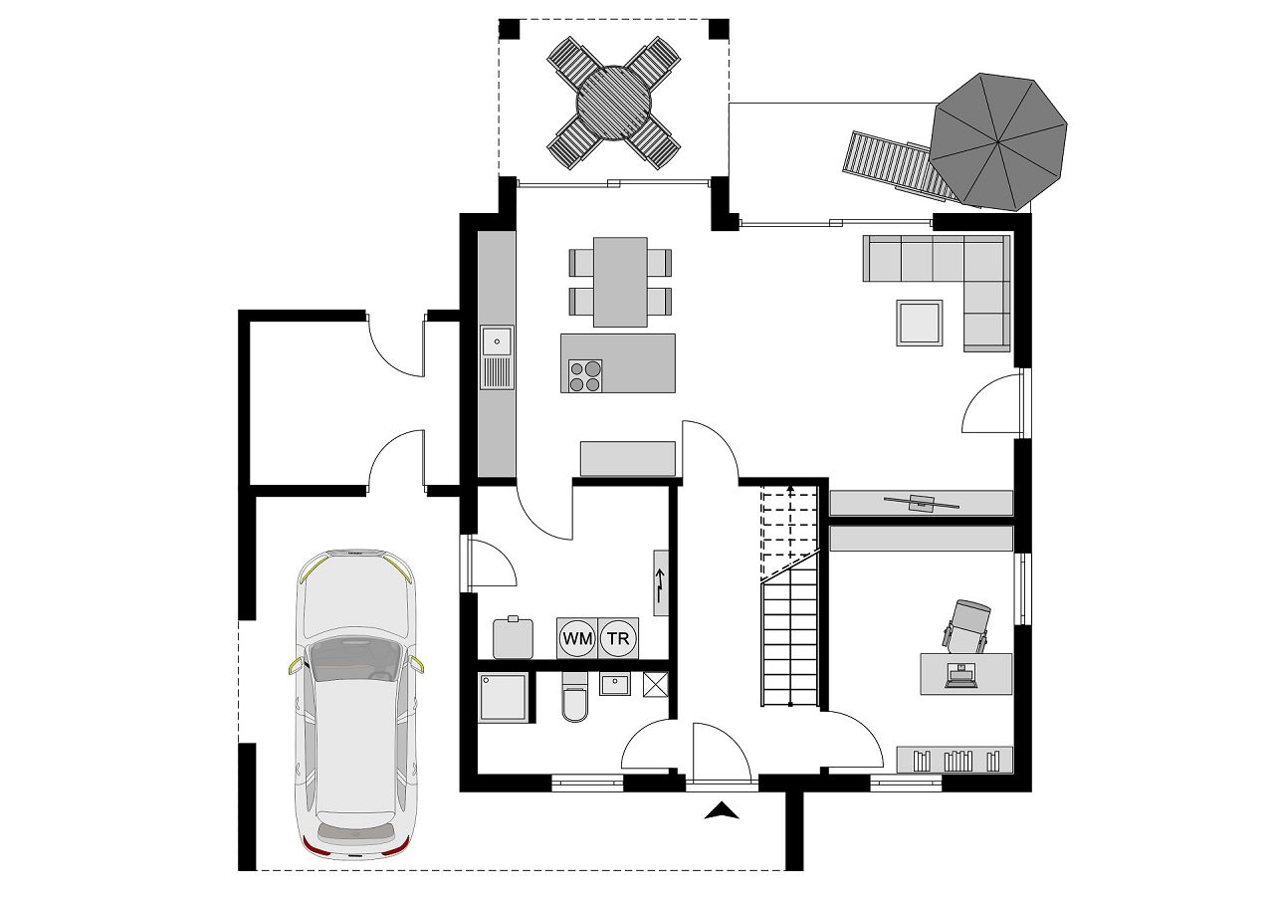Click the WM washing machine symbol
coord(576,638)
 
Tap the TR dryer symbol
coord(618,638)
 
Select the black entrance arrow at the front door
coord(724,811)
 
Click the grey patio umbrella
coord(999,140)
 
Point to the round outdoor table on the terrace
coord(613,103)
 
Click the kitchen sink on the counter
coord(496,341)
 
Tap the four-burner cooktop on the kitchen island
coord(585,375)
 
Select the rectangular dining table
coord(620,282)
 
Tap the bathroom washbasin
coord(614,685)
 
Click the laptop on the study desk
coord(960,676)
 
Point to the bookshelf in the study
coord(955,760)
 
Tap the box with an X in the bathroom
coord(656,685)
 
